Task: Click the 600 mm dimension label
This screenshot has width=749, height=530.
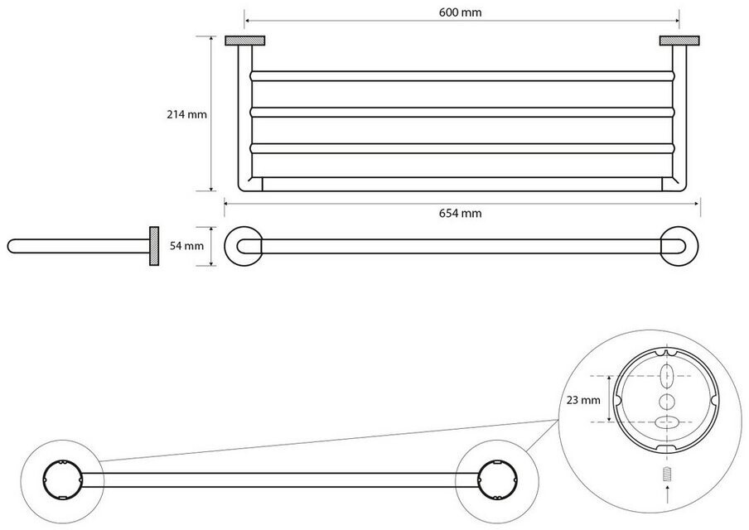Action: [x=460, y=12]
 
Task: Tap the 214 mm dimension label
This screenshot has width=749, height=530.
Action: [x=186, y=114]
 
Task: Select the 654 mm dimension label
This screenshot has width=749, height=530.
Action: [x=460, y=213]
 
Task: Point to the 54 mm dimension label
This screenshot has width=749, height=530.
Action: [x=186, y=246]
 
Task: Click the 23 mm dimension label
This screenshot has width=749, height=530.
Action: [x=583, y=400]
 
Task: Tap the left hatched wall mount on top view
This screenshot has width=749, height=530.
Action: [x=245, y=41]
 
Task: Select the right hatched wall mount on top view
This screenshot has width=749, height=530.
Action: [x=679, y=41]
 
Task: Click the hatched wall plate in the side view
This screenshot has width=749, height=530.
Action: [x=154, y=246]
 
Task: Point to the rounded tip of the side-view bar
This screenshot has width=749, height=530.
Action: [x=10, y=246]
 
